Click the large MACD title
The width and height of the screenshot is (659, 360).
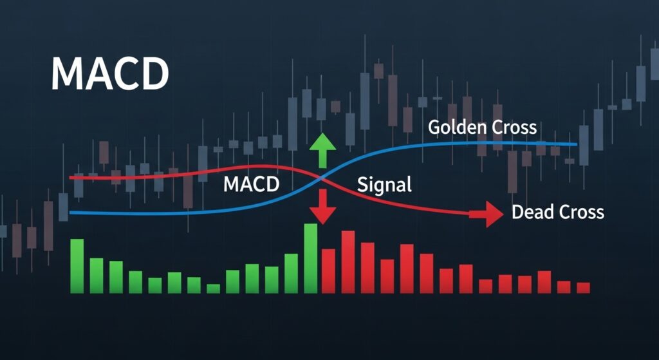tap(110, 75)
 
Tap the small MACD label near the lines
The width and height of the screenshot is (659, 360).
tap(252, 184)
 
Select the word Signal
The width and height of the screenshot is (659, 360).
tap(384, 185)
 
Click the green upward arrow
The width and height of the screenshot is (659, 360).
tap(322, 150)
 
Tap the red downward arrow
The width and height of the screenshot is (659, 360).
tap(323, 207)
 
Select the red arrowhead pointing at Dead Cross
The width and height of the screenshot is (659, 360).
tap(494, 214)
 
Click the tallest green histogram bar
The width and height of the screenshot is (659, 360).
tap(311, 258)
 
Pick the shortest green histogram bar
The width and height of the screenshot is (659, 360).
tap(213, 289)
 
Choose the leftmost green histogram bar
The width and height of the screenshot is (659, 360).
tap(77, 266)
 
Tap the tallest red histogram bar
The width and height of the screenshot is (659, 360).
tap(348, 262)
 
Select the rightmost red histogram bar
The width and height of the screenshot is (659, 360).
tap(583, 288)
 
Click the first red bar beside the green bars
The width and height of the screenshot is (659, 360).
tap(328, 271)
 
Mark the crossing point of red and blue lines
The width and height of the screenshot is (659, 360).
tap(322, 179)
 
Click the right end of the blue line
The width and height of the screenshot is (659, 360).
tap(576, 144)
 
